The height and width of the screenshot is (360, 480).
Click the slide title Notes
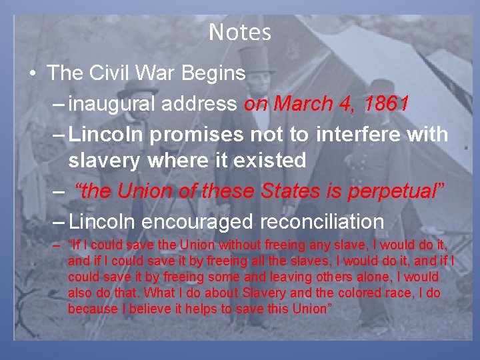coord(240,32)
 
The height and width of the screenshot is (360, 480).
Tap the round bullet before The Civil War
coord(33,73)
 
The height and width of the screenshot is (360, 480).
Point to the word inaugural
coord(110,104)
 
